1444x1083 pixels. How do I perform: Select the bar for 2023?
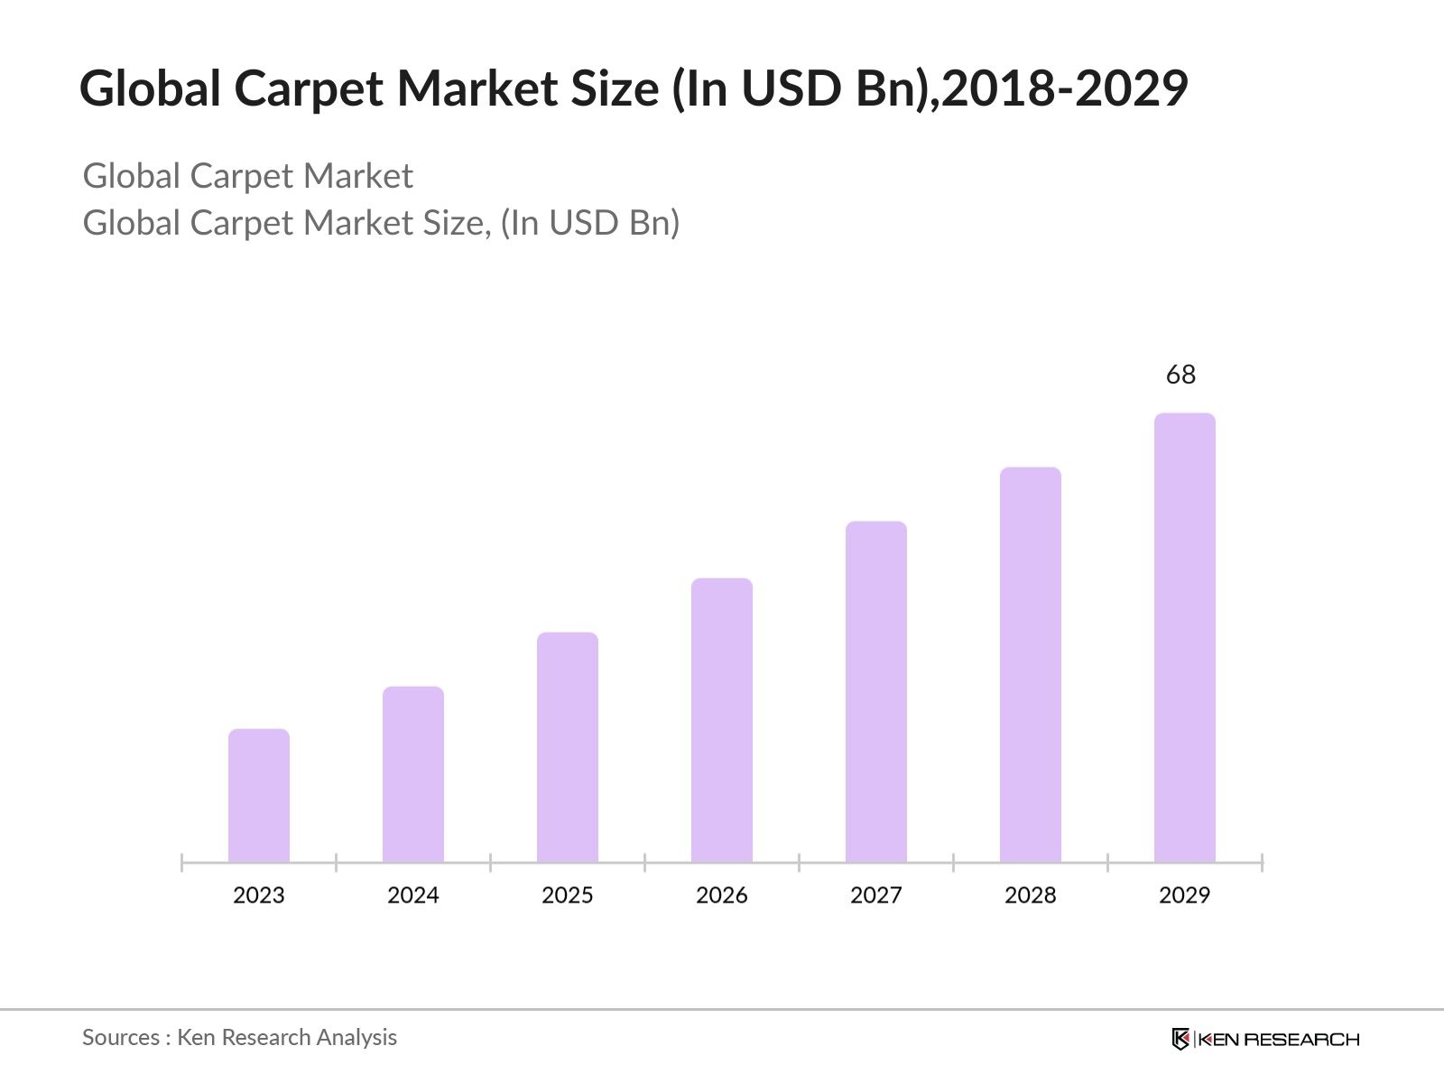coord(259,795)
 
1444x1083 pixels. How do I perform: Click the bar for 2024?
coord(413,774)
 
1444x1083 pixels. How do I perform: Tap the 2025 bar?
coord(568,747)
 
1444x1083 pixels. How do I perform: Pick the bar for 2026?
coord(722,720)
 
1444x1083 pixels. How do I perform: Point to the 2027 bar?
coord(876,691)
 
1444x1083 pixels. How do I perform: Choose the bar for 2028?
coord(1031,664)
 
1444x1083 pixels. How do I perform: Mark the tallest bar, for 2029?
coord(1185,637)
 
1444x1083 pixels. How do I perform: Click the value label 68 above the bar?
coord(1180,375)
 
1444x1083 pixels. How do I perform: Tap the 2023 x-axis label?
coord(259,895)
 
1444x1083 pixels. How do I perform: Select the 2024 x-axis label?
coord(413,895)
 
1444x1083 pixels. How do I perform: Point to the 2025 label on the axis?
coord(568,895)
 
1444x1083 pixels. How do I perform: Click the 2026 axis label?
coord(722,895)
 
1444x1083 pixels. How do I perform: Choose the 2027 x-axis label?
coord(876,895)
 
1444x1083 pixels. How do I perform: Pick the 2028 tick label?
coord(1031,895)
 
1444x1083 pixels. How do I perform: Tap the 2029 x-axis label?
coord(1185,895)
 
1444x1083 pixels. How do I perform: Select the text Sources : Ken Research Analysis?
coord(239,1038)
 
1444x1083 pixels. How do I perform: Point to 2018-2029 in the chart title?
coord(1065,88)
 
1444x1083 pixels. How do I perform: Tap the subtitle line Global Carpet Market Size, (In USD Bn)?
coord(381,223)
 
